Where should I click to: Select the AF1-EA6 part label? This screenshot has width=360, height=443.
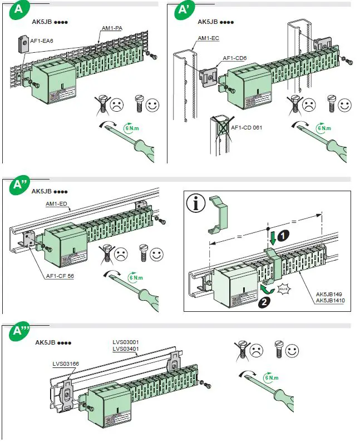(x=41, y=39)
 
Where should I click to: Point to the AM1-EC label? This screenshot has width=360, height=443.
(x=209, y=37)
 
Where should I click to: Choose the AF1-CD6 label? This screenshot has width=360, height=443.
(x=235, y=58)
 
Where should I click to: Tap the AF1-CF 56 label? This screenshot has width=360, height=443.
(x=58, y=275)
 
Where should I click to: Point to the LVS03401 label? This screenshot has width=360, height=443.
(x=126, y=349)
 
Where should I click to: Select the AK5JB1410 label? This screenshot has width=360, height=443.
(x=329, y=301)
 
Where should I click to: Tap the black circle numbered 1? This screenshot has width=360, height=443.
(x=284, y=235)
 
